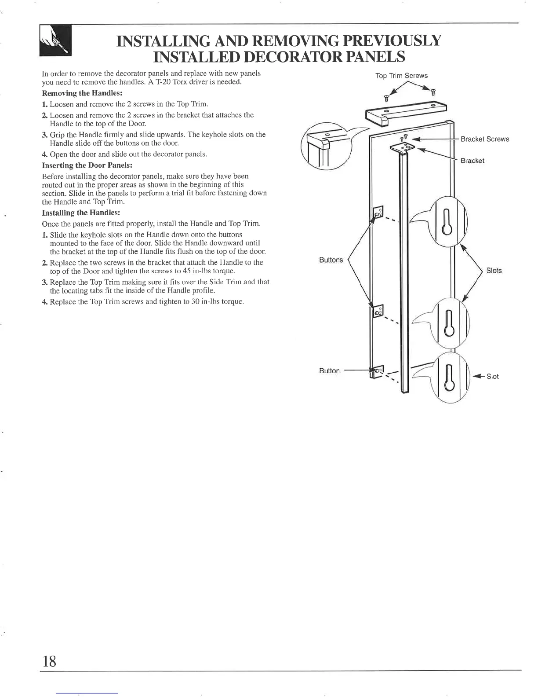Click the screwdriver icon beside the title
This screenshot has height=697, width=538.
55,40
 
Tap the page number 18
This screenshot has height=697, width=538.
49,661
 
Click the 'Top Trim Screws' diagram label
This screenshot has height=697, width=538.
401,76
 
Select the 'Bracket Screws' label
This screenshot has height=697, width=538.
485,139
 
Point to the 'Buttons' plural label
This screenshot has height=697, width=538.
331,260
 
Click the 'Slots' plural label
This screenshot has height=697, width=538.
494,271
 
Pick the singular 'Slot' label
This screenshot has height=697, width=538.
492,376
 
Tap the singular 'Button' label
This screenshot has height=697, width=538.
329,371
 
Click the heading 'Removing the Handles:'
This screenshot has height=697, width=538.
82,93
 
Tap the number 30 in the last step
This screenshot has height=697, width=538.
196,301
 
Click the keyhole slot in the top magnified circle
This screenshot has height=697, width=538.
447,222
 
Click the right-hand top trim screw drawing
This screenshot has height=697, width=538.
433,92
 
